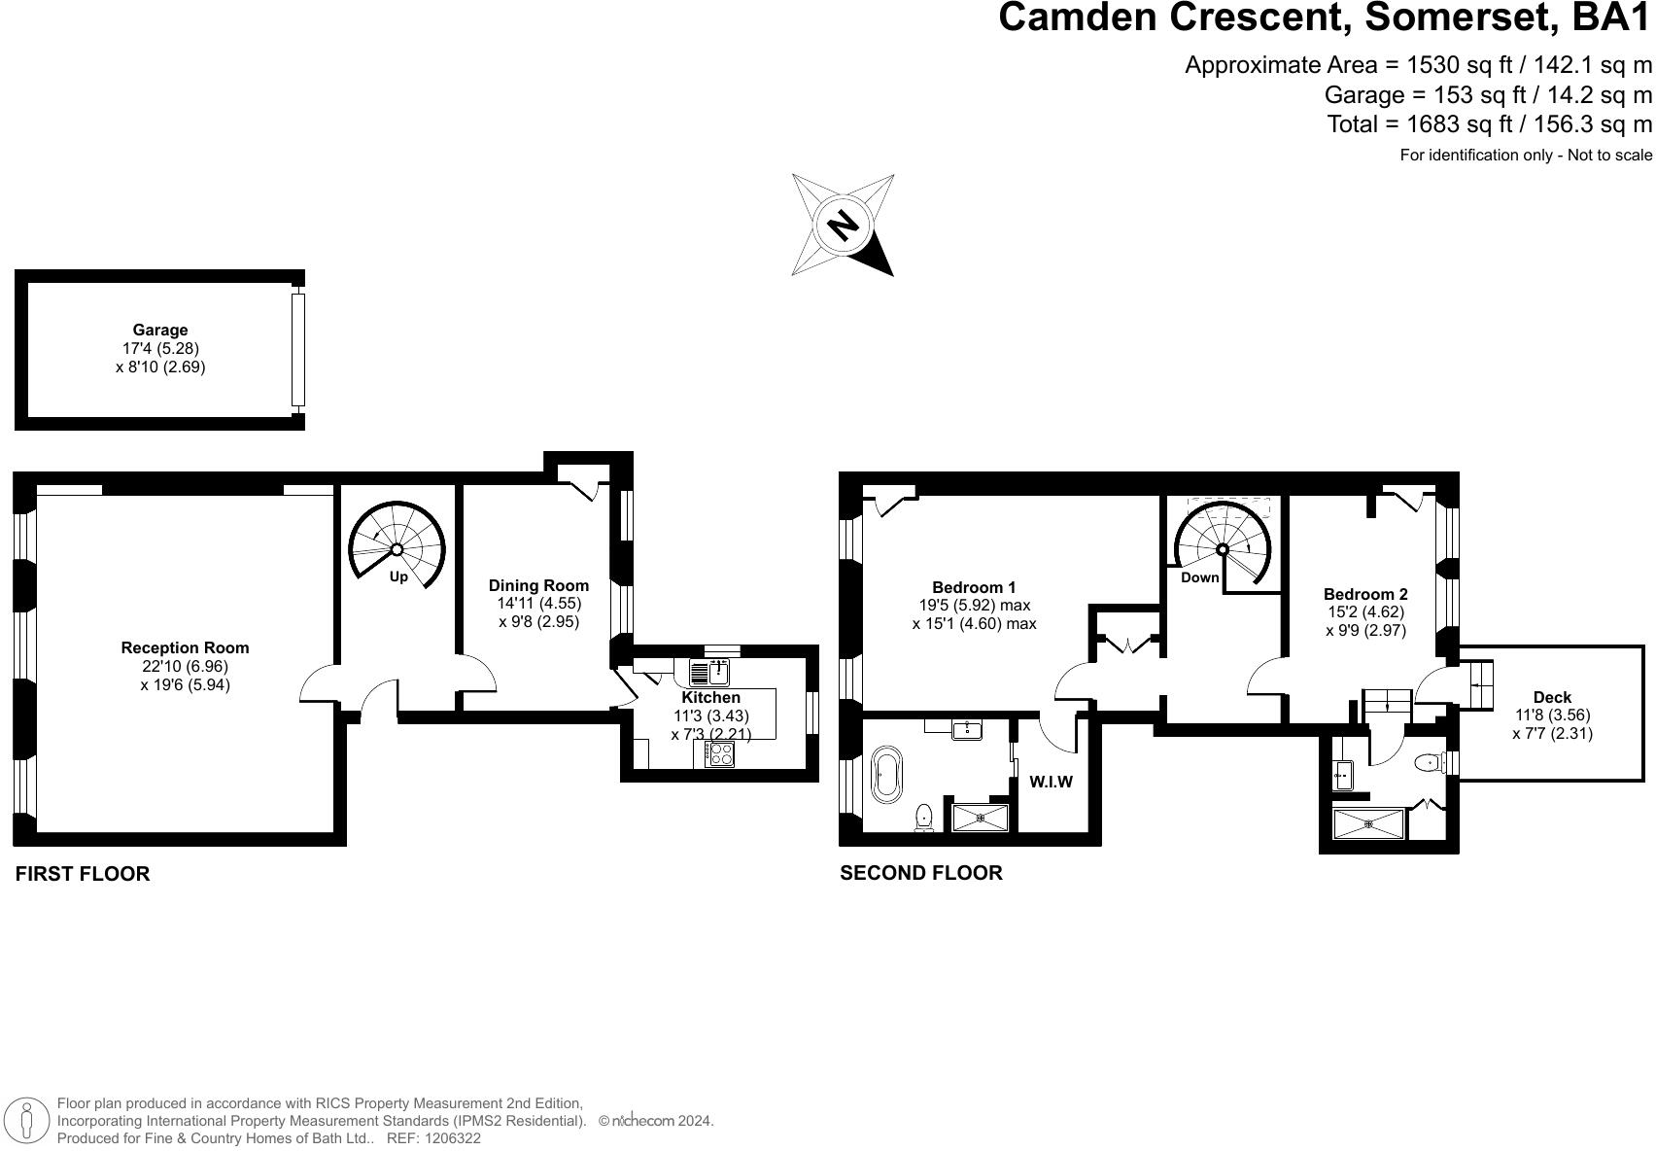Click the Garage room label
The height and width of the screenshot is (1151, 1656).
pos(160,331)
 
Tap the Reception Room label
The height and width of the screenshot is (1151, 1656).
pos(185,647)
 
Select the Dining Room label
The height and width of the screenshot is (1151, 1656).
pos(538,585)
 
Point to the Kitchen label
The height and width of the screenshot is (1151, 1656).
pos(711,697)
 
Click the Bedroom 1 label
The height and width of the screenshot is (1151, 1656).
pos(974,587)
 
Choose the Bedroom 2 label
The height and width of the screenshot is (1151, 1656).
pos(1365,594)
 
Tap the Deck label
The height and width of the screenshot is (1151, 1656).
pos(1552,697)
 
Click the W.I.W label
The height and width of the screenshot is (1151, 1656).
pos(1051,782)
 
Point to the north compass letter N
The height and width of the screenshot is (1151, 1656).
pos(843,225)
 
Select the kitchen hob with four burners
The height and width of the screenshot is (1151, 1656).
pos(719,754)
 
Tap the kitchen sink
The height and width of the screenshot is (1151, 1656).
pos(719,672)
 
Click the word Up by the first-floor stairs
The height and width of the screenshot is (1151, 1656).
pos(398,577)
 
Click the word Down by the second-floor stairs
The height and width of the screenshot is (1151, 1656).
pos(1199,577)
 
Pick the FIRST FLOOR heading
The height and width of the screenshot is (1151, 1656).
pos(83,874)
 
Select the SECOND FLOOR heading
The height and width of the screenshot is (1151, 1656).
pos(920,873)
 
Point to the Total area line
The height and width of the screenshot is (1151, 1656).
pos(1489,124)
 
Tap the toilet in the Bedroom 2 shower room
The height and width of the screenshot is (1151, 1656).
pos(1428,763)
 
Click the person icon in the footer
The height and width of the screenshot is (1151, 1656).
pos(28,1120)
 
